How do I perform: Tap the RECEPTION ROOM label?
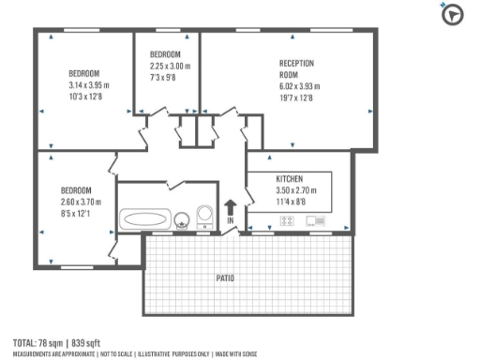(296, 68)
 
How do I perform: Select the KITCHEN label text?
(290, 178)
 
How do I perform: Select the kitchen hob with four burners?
(290, 221)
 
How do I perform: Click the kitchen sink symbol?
(315, 221)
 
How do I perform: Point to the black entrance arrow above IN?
(231, 207)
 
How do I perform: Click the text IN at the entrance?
(231, 221)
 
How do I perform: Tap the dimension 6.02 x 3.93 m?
(299, 86)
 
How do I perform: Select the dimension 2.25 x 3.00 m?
(170, 67)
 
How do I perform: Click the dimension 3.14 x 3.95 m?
(89, 85)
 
